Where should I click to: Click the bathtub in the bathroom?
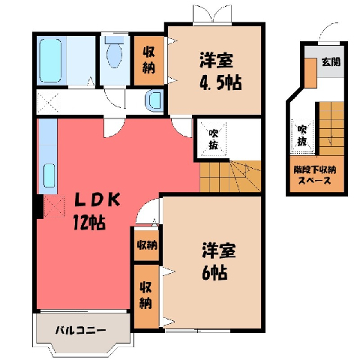[50, 61]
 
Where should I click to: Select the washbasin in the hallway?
[154, 100]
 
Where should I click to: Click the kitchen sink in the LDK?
[49, 175]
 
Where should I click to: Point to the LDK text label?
[97, 199]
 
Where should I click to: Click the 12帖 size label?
[89, 222]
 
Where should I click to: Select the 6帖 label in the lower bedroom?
[214, 272]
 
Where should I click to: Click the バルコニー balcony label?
[80, 331]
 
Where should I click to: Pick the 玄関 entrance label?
[331, 61]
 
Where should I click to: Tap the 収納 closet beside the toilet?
[148, 61]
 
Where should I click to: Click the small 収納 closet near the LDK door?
[147, 245]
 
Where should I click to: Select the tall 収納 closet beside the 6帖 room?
[147, 296]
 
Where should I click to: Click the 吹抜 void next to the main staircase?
[213, 139]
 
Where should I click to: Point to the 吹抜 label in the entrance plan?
[302, 136]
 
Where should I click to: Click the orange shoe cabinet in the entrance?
[310, 73]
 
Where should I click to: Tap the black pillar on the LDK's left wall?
[38, 207]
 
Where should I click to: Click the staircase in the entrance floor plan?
[331, 128]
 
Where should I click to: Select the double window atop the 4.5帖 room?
[213, 14]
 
